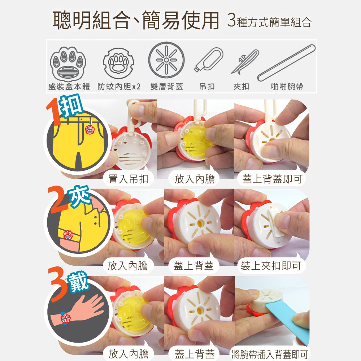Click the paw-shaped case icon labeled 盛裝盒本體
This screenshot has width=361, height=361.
tap(68, 64)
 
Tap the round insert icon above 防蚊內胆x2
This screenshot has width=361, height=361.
tap(118, 63)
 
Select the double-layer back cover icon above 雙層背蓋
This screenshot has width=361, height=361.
tap(166, 60)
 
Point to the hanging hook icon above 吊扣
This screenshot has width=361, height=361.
tap(208, 60)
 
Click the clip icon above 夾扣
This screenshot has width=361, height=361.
tap(245, 62)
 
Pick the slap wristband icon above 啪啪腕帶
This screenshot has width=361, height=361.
tap(286, 63)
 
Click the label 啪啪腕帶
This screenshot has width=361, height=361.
tap(287, 87)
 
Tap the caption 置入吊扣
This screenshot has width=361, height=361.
tap(128, 179)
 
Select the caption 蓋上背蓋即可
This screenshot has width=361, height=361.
tap(272, 179)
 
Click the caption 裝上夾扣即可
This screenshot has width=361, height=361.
tap(271, 266)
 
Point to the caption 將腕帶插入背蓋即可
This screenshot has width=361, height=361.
tap(270, 354)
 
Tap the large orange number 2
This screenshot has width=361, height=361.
tap(58, 200)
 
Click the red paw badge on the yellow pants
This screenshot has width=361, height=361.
tap(90, 130)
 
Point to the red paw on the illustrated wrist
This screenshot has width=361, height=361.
tap(65, 318)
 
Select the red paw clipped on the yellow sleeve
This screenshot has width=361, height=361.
tap(68, 235)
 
